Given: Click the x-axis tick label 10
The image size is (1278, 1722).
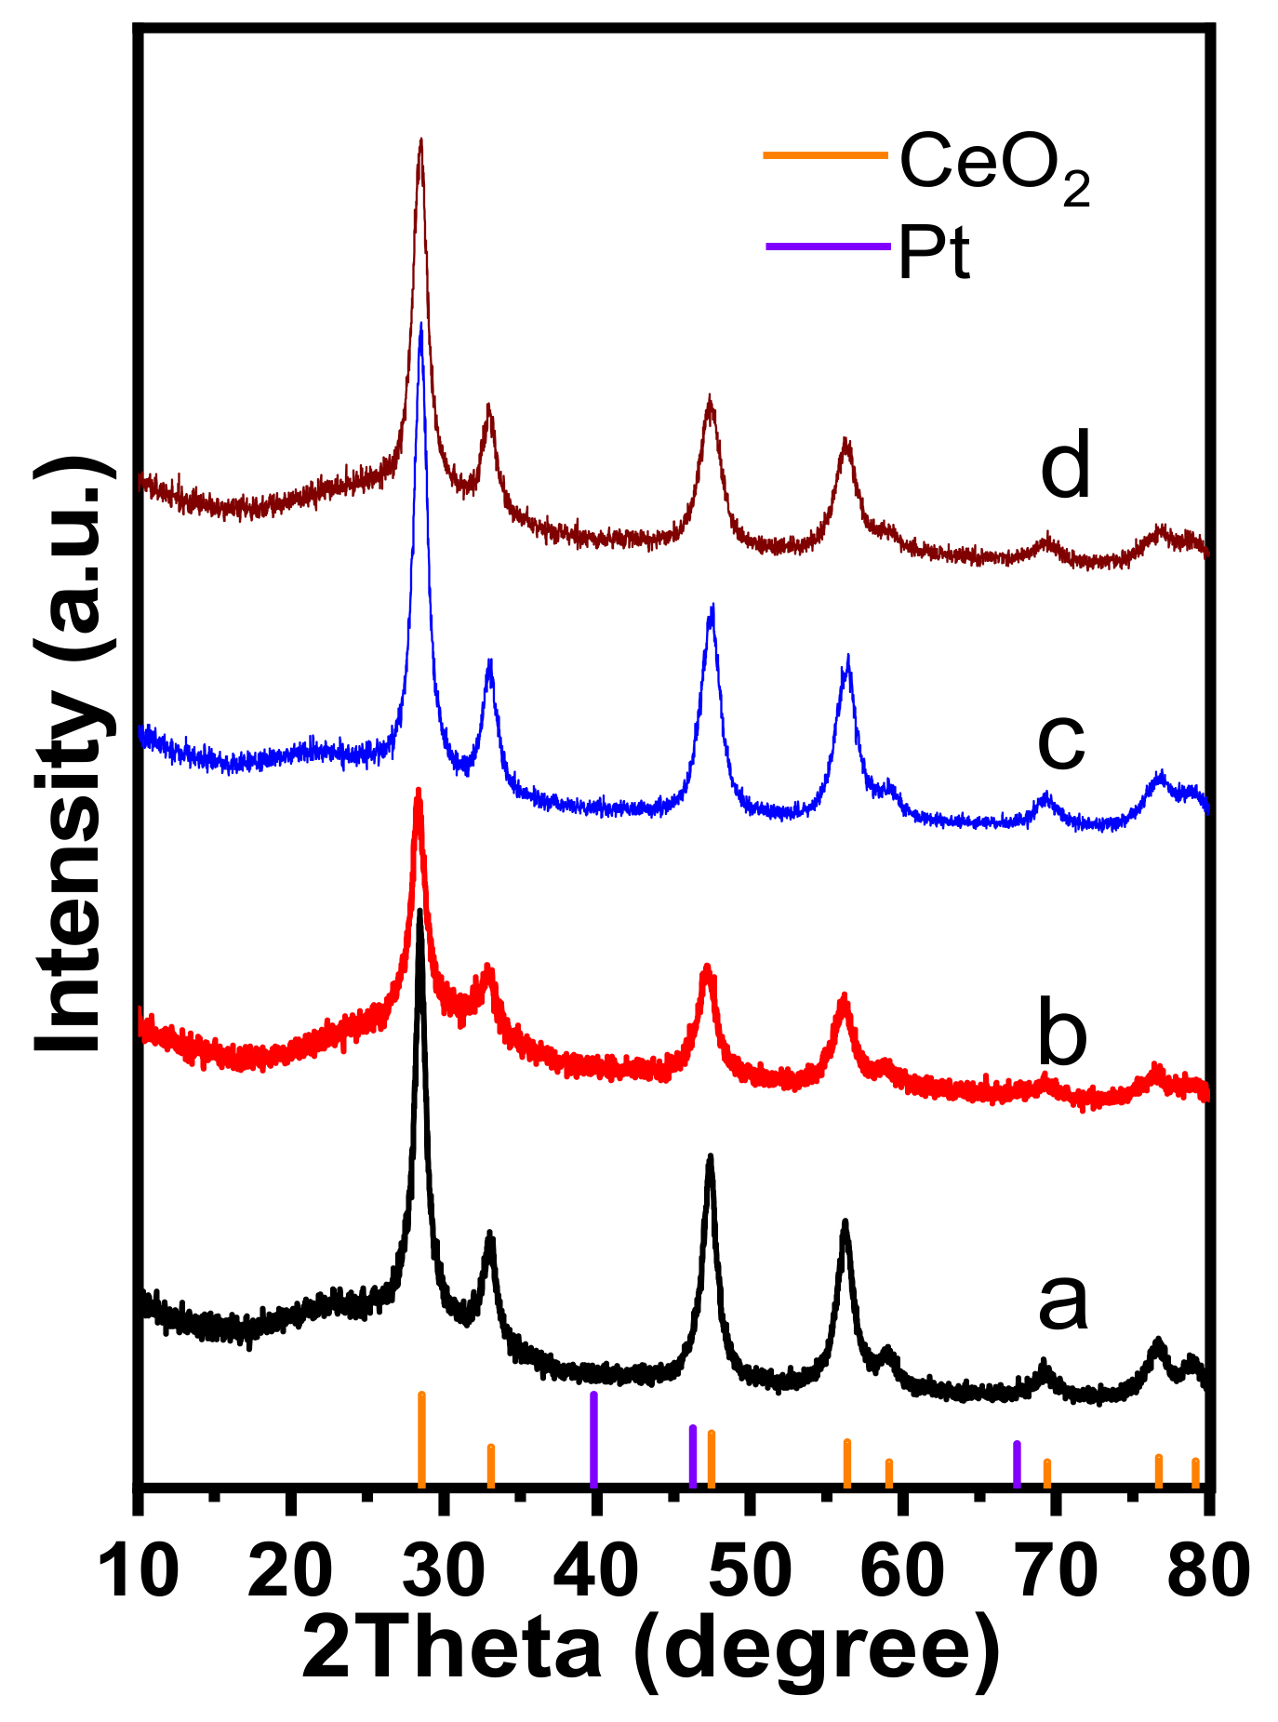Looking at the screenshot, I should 139,1571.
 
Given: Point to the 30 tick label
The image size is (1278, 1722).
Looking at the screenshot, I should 446,1571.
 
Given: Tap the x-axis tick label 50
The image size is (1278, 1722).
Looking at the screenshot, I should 752,1571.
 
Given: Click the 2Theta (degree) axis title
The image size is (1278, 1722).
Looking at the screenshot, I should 651,1649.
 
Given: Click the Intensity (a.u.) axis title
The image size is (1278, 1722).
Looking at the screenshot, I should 70,754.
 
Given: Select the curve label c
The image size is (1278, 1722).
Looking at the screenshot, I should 1061,741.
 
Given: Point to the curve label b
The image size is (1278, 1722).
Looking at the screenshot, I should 1062,1035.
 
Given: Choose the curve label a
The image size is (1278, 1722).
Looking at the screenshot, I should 1062,1302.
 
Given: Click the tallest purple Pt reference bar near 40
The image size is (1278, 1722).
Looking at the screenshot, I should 593,1438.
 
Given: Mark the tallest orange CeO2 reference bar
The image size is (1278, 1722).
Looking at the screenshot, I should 421,1438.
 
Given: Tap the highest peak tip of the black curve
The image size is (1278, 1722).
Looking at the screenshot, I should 420,913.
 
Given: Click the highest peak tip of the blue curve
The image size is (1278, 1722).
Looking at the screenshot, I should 421,325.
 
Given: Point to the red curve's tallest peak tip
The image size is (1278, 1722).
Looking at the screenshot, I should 419,792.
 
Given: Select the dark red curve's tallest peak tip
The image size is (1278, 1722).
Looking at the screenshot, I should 421,141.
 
